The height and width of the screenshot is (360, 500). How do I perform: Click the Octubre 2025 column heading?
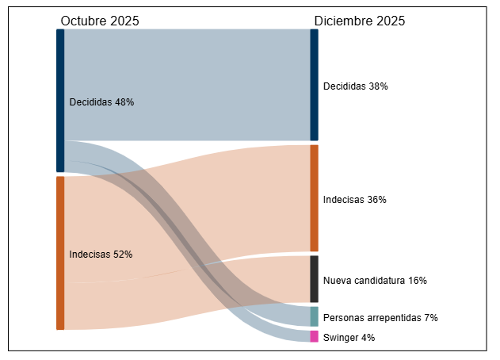pos(100,21)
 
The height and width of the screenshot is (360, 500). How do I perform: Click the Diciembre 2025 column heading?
pos(360,21)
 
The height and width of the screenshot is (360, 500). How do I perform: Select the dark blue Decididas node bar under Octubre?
pos(60,100)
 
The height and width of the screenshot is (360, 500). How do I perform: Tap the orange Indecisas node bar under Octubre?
pos(60,252)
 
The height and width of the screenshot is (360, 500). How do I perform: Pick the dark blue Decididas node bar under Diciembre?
pos(314,85)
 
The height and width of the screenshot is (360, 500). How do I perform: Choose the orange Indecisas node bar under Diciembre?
pos(314,198)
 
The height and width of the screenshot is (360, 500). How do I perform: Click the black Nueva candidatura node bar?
pos(314,278)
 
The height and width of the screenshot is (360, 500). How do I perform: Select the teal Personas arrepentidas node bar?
pos(314,316)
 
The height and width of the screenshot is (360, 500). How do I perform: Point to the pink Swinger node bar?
pos(314,336)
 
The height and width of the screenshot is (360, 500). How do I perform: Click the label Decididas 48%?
pos(101,102)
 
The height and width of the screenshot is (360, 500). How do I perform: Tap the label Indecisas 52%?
pos(101,255)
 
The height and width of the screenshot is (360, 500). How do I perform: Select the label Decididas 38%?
pos(355,86)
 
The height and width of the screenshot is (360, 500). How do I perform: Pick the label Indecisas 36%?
pos(354,200)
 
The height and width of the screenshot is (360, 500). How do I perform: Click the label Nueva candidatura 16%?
pos(375,281)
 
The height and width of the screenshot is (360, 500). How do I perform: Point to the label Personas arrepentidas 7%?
pos(380,318)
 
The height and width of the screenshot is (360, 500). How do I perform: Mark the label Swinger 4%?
pos(349,338)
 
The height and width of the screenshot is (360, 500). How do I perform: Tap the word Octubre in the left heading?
pos(83,21)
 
